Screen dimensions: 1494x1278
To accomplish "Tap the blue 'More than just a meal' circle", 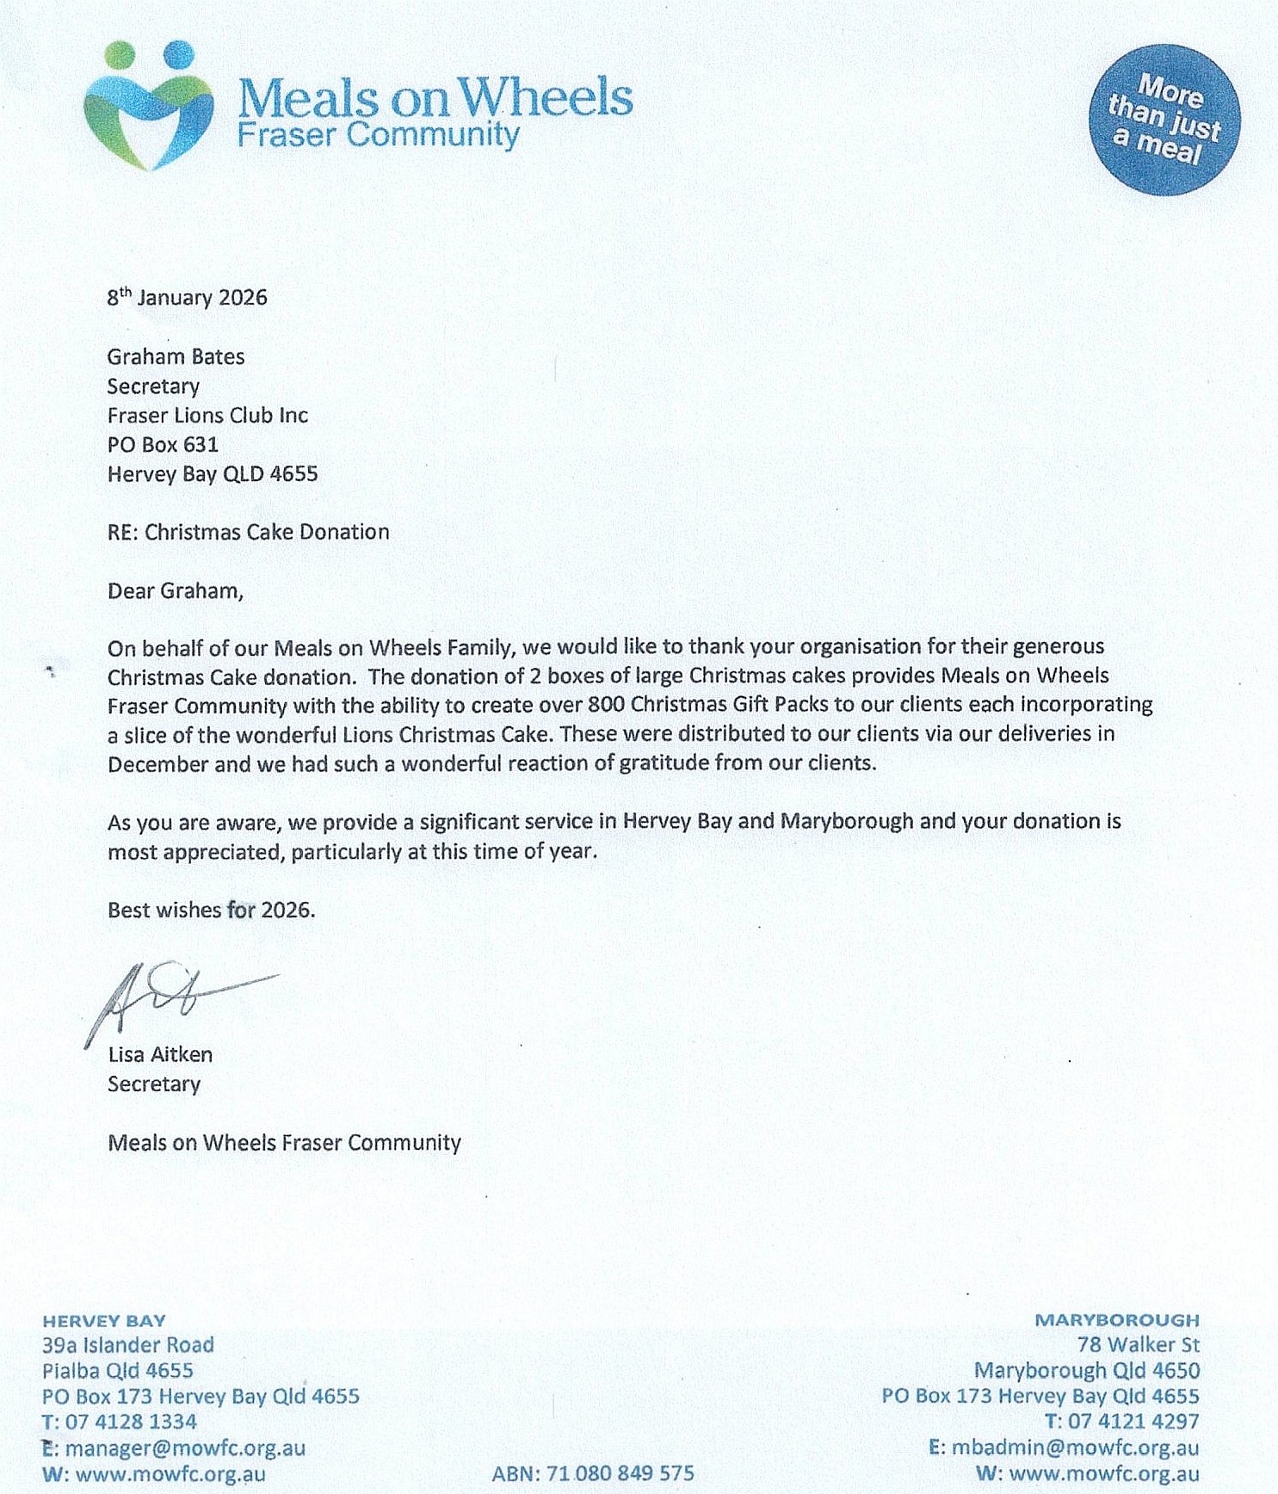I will [x=1164, y=120].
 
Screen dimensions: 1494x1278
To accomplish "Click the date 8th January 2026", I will [x=187, y=297].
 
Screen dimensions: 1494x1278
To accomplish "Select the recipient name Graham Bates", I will [x=176, y=356].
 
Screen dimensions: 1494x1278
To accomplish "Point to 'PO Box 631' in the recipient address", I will [x=163, y=444].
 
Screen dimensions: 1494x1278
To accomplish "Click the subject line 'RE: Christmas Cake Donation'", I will [x=248, y=532].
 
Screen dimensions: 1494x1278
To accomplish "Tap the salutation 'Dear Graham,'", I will [x=176, y=590].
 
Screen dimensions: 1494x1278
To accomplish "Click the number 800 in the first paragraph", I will [x=605, y=705].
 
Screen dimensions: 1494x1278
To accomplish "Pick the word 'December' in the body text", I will [x=146, y=763].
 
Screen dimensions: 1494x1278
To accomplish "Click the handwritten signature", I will [x=172, y=998].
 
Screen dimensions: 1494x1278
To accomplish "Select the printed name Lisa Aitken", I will [x=160, y=1054].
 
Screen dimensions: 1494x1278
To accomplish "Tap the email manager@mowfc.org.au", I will [x=185, y=1448].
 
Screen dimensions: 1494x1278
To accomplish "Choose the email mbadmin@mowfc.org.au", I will [x=1075, y=1448].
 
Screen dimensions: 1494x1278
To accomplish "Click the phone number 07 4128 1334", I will [x=131, y=1422].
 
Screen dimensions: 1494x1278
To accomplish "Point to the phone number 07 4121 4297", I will [x=1133, y=1422].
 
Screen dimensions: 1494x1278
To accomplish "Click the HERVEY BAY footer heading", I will [x=104, y=1321].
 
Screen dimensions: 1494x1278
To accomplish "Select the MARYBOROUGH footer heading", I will [x=1116, y=1320].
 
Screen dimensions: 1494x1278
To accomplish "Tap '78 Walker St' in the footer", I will [x=1138, y=1344].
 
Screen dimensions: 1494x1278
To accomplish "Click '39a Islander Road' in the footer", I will [x=128, y=1345].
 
